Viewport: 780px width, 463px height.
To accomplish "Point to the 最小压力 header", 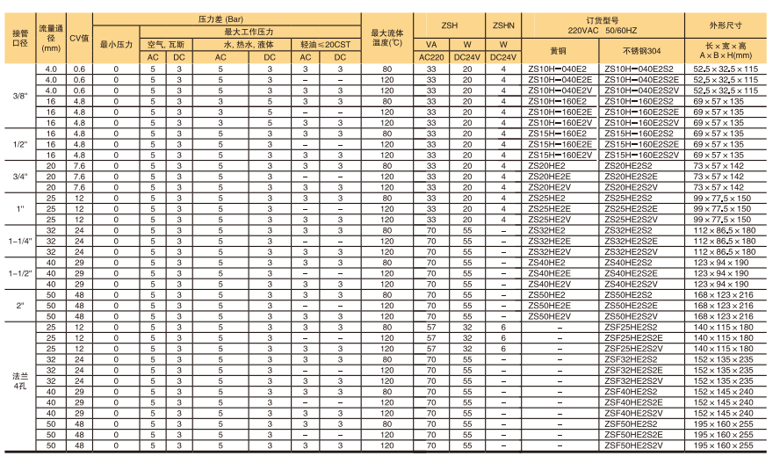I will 116,42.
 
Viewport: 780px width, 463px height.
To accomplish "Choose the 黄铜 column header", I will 558,50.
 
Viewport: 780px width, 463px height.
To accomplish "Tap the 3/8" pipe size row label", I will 19,95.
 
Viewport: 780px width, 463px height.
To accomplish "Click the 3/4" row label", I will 19,177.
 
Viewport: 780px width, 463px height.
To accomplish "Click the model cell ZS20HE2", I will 546,165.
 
